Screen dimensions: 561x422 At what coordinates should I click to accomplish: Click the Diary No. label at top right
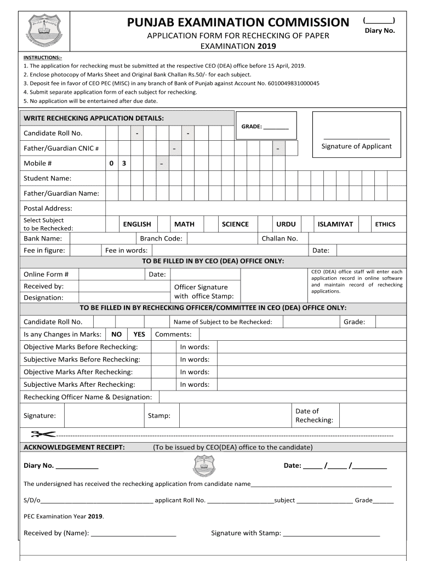pos(380,31)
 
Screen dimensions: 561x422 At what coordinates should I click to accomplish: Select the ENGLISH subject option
pos(137,224)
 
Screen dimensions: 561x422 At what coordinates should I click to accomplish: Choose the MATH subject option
pos(184,224)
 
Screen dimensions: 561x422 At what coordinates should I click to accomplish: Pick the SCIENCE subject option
pos(235,224)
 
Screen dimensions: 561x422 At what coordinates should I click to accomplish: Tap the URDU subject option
pos(286,224)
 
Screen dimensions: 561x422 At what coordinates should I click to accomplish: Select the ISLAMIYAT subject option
pos(335,224)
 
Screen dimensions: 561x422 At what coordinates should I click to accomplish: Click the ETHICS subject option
pos(385,224)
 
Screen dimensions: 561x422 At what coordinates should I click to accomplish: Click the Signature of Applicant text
pos(356,146)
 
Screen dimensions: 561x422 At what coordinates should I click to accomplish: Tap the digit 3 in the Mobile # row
pos(124,163)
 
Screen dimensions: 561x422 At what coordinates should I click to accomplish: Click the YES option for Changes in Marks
pos(139,334)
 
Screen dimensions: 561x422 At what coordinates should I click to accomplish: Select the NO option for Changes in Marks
pos(116,334)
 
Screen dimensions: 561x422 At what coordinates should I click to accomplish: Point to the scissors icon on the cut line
pos(43,434)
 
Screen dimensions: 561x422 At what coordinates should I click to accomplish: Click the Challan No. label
pos(280,238)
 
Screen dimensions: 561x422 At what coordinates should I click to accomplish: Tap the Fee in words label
pos(126,250)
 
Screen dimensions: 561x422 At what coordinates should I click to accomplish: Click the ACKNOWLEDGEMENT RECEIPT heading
pos(74,447)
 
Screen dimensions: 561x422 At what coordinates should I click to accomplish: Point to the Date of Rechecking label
pos(314,415)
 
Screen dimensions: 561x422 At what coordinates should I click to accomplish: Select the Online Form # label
pos(46,274)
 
